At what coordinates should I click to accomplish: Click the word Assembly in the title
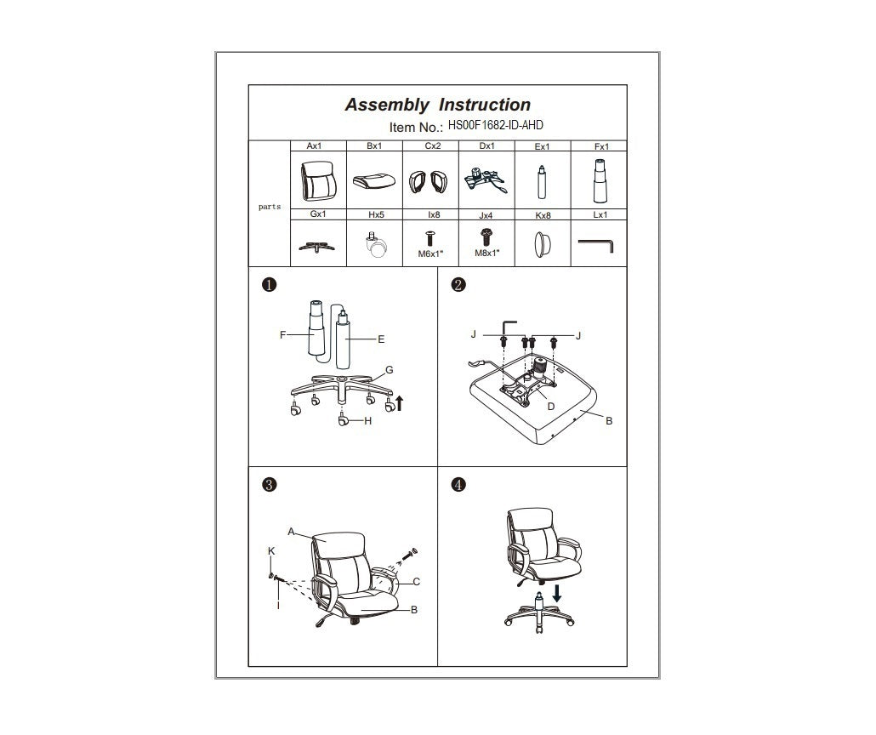click(387, 105)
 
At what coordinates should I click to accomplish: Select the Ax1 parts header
click(314, 146)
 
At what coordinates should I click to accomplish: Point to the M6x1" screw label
click(431, 254)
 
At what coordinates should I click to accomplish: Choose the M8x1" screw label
click(487, 254)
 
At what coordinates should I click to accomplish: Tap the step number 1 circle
click(269, 285)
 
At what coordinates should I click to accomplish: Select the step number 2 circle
click(458, 285)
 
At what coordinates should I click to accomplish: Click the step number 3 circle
click(269, 485)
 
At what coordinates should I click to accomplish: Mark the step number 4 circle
click(458, 485)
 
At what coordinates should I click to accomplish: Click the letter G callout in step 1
click(390, 369)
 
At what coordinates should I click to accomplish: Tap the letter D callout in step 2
click(551, 407)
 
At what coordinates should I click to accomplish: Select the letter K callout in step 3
click(271, 551)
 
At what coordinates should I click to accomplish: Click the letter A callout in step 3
click(291, 533)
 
